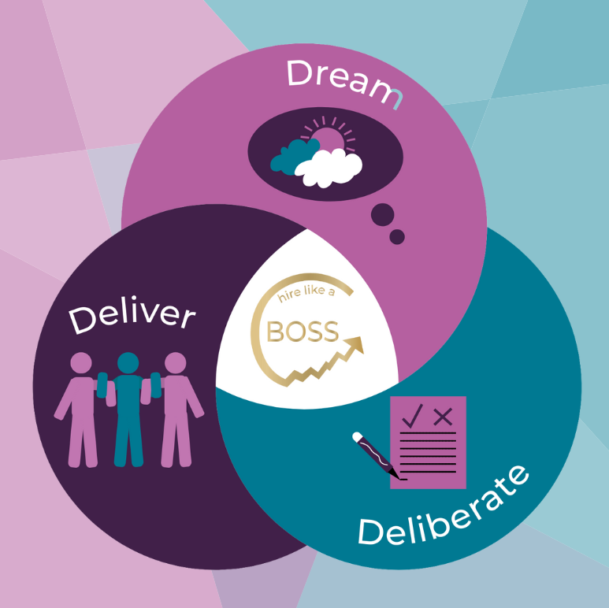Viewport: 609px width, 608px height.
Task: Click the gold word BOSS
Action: coord(303,331)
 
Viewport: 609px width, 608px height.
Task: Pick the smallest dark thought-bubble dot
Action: coord(397,236)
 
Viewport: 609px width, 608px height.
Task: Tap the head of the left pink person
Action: coord(81,364)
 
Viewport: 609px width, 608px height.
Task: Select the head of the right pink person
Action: coord(175,363)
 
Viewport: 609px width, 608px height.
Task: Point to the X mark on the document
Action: coord(444,416)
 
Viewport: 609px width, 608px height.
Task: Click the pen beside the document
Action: coord(377,454)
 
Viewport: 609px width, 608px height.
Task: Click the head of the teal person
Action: coord(128,363)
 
